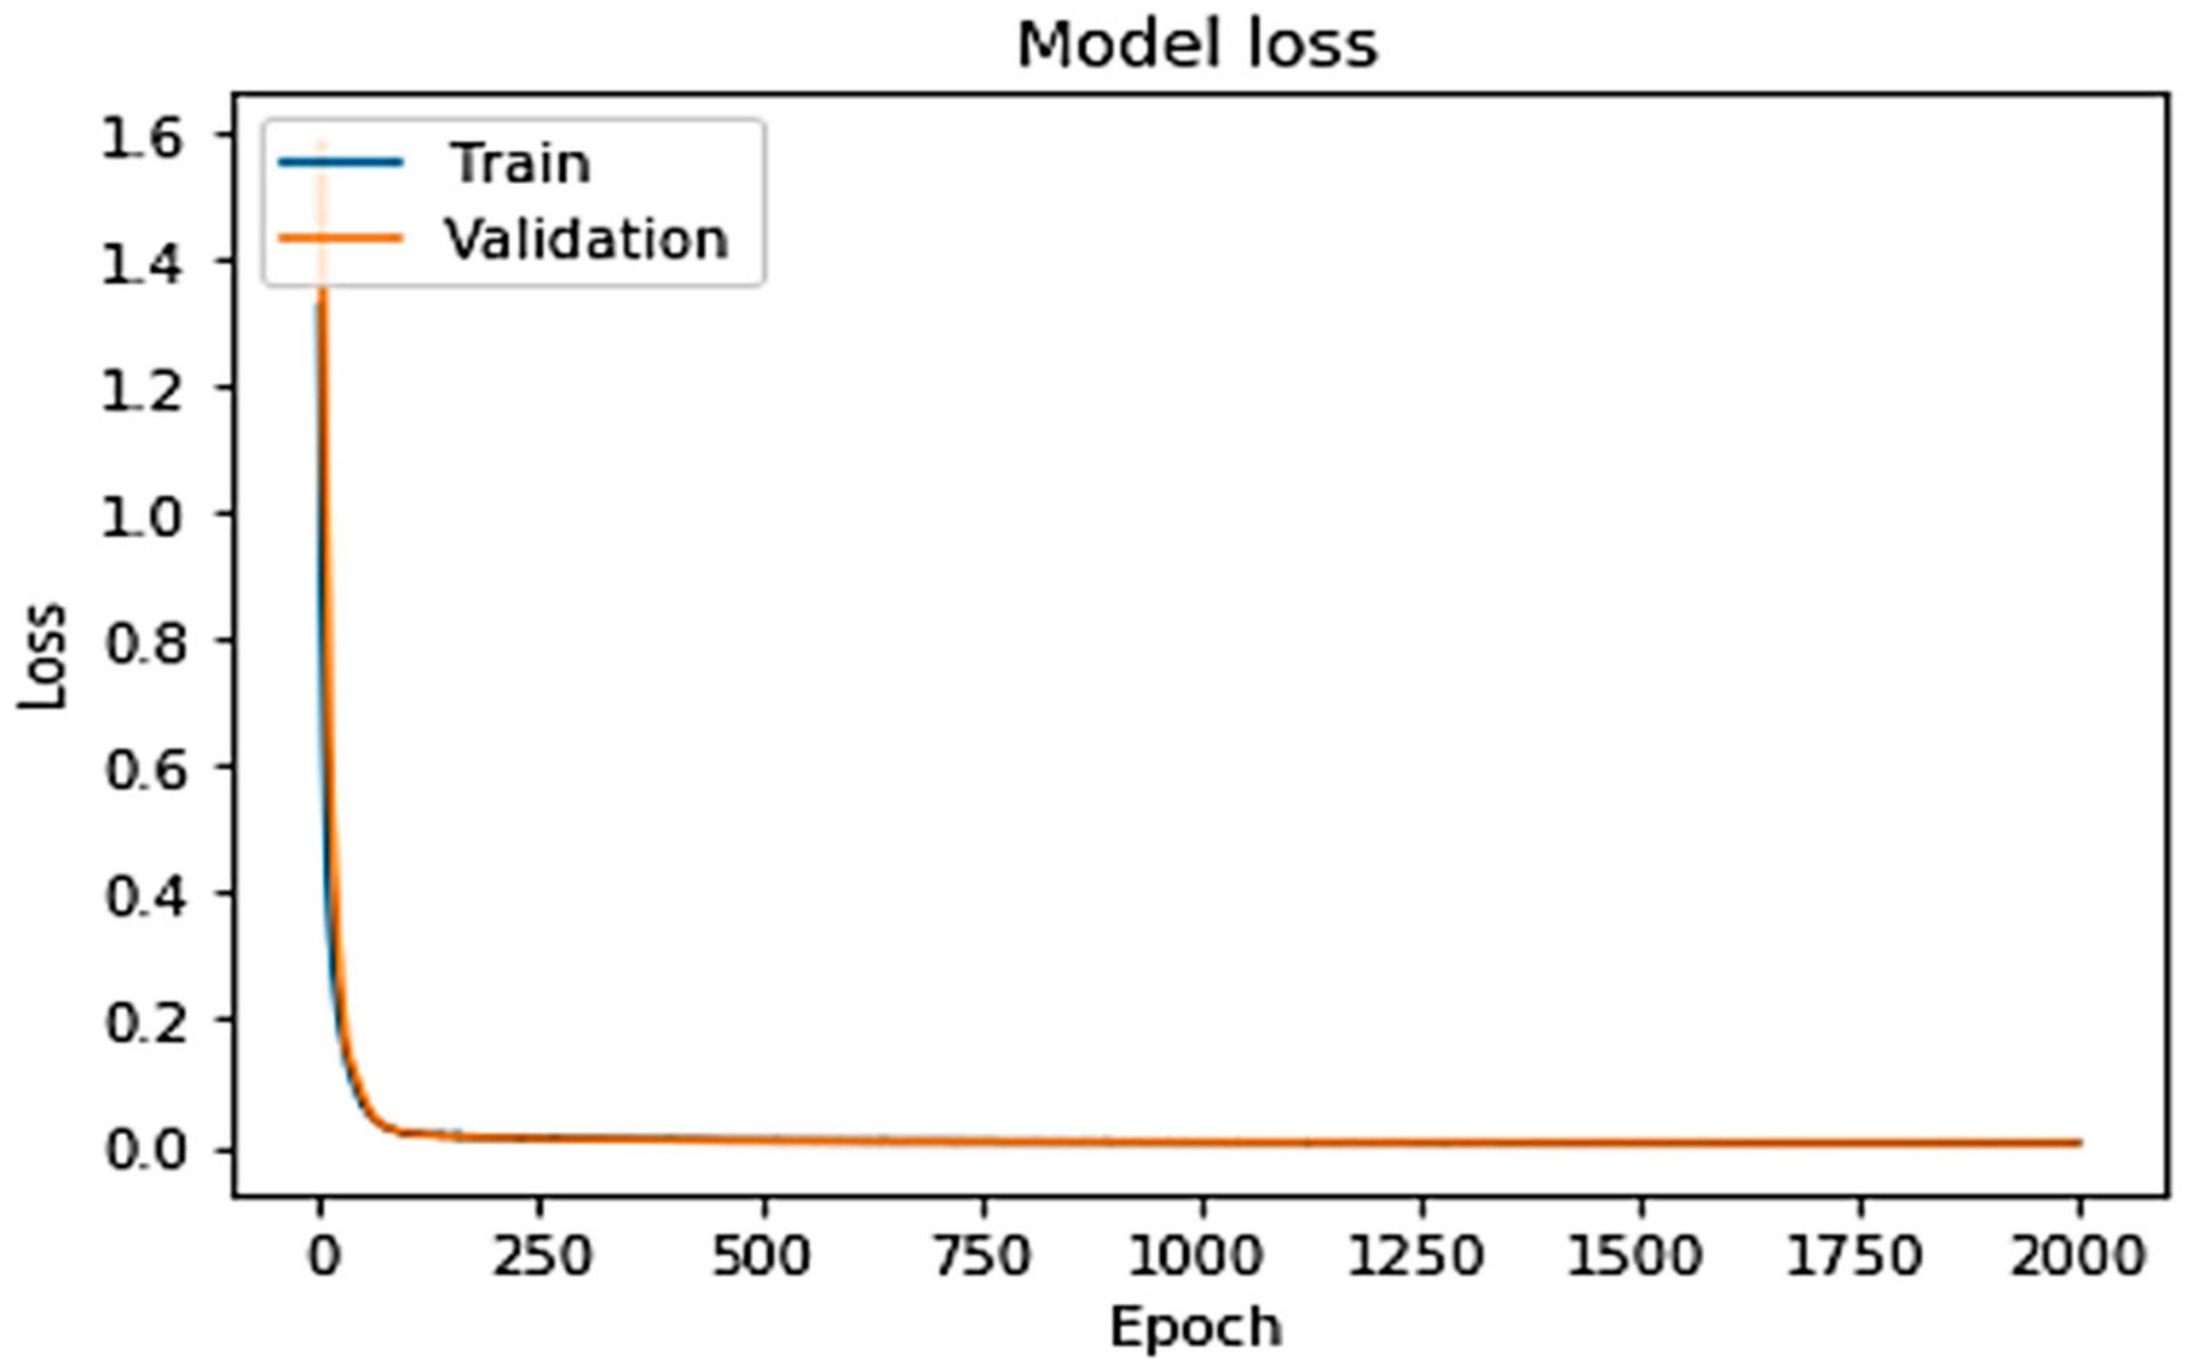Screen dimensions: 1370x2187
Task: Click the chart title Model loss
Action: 1197,45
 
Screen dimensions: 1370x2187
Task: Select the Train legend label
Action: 520,164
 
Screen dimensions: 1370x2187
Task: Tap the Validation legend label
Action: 586,240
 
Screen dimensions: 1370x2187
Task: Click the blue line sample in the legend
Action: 340,163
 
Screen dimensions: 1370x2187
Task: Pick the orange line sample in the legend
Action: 340,239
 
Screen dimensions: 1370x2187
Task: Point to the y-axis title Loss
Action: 42,656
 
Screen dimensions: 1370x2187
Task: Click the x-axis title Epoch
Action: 1196,1328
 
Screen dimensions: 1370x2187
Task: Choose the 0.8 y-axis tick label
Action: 145,644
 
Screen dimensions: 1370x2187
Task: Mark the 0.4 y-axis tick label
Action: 145,897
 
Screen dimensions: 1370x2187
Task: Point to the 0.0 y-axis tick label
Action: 145,1150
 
